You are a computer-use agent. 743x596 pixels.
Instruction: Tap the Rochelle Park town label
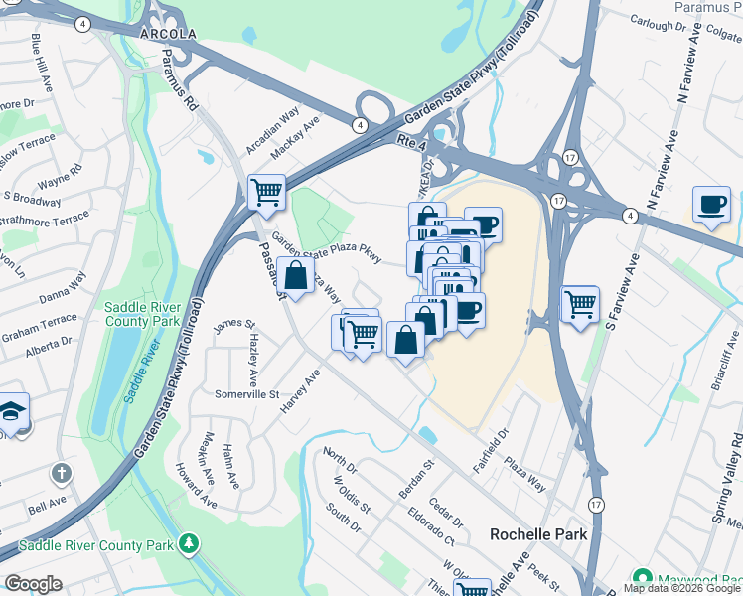538,534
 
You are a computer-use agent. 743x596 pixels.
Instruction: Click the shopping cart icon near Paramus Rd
266,192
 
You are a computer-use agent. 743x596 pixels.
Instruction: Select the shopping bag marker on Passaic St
296,275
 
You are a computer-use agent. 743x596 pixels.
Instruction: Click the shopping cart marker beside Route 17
580,303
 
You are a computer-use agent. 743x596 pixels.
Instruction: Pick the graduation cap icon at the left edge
11,411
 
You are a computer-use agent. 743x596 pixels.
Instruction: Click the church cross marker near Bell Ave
62,474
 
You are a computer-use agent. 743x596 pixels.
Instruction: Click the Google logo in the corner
33,584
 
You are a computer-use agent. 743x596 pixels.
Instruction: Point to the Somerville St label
247,394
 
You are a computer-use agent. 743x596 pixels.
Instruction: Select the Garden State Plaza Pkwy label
327,247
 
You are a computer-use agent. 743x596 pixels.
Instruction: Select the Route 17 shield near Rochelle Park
595,505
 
